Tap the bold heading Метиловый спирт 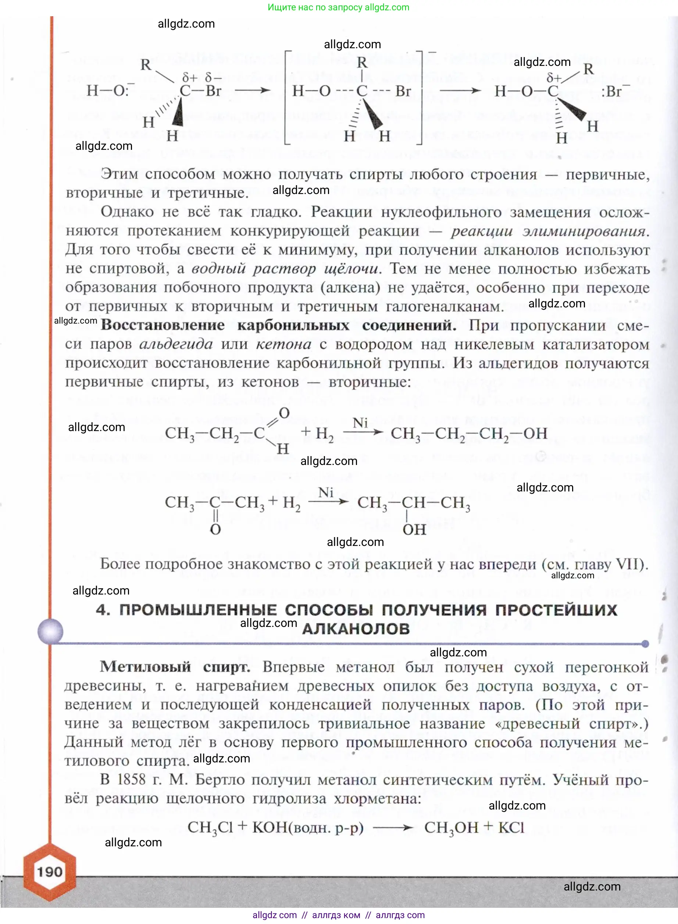click(175, 666)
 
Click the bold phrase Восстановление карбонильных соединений click(278, 325)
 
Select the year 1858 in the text click(131, 779)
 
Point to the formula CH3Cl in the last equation click(211, 828)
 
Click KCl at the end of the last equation click(511, 827)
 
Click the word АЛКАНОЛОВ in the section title click(356, 629)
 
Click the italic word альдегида click(176, 344)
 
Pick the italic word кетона click(283, 344)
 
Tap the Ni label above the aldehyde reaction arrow click(360, 422)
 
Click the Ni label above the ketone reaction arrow click(325, 492)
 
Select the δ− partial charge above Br click(213, 77)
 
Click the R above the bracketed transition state click(361, 63)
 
